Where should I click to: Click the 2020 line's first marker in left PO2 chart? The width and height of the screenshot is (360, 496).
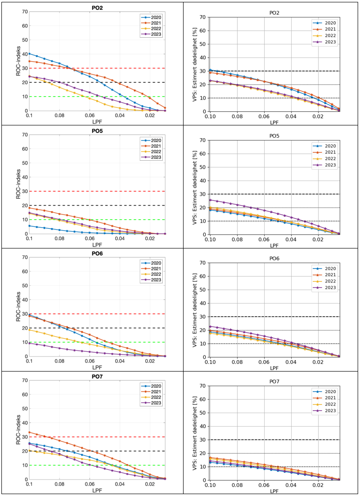coord(29,54)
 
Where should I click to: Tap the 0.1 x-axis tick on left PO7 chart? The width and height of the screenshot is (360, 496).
coord(29,484)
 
